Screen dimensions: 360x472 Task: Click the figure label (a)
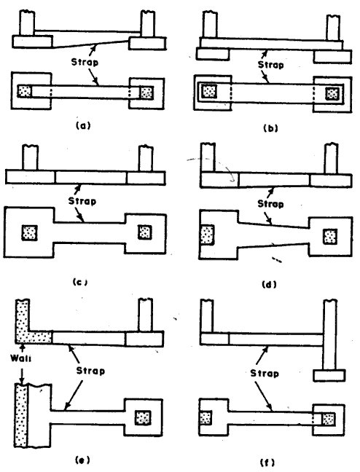[83, 125]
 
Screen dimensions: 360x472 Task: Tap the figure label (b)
[270, 128]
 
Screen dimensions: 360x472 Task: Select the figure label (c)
[80, 283]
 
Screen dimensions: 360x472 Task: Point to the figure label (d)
[269, 284]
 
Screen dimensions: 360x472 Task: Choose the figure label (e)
[82, 460]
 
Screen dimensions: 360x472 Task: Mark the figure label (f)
[267, 462]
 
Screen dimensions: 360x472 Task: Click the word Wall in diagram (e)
[20, 358]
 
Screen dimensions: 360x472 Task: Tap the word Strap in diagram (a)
[85, 63]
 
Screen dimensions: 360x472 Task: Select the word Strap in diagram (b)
[270, 65]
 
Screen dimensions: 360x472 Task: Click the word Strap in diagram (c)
[82, 201]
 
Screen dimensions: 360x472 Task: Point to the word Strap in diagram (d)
[270, 204]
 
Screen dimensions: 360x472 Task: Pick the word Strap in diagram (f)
[265, 373]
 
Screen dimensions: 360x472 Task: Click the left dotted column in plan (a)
[24, 91]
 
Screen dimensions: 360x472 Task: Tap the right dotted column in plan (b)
[332, 94]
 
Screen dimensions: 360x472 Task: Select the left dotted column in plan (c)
[30, 232]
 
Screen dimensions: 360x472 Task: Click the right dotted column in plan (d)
[329, 236]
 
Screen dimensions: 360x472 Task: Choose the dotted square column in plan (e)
[143, 418]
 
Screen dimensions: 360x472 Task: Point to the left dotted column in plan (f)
[206, 418]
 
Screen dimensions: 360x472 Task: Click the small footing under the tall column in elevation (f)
[329, 376]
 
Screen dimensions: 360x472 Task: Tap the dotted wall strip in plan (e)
[21, 416]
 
